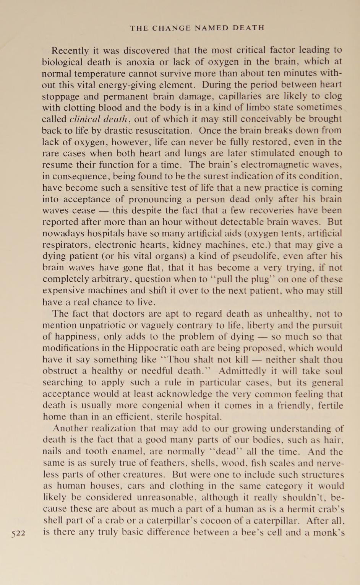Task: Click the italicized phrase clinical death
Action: pos(98,119)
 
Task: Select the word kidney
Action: pos(203,245)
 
